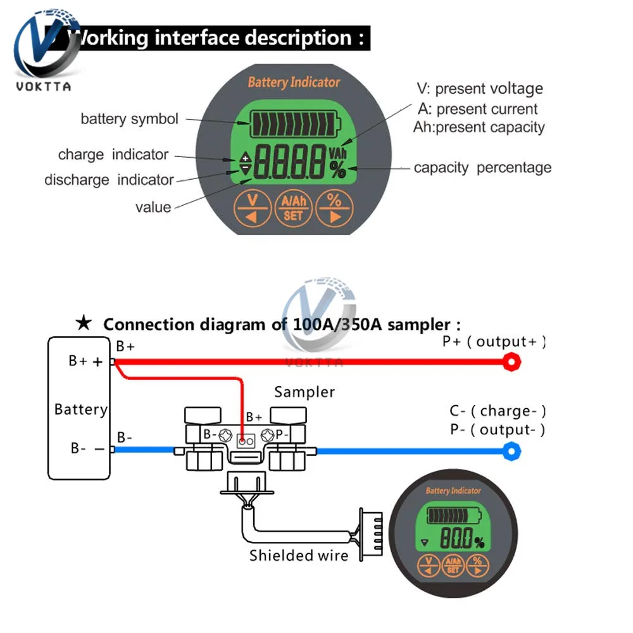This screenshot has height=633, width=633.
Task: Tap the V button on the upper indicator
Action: click(253, 208)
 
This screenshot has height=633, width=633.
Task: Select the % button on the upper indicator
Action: click(335, 208)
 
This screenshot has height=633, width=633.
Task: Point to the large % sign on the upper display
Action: click(338, 170)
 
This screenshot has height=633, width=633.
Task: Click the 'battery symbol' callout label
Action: click(129, 118)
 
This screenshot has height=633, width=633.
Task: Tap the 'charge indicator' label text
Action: click(113, 154)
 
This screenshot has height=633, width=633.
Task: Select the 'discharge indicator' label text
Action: click(108, 180)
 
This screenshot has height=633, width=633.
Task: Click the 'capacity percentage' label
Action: click(482, 168)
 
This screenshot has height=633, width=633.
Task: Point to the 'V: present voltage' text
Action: click(479, 89)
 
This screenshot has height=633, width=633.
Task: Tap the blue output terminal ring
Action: click(511, 451)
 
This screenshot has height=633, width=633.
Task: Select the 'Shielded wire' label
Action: click(299, 556)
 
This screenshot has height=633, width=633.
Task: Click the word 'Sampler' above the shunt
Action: click(304, 392)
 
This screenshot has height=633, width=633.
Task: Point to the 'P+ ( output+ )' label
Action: click(494, 342)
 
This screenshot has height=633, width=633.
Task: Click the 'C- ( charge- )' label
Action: click(498, 411)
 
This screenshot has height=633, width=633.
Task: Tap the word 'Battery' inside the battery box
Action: click(80, 410)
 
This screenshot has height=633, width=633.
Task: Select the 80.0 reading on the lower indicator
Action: click(455, 540)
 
